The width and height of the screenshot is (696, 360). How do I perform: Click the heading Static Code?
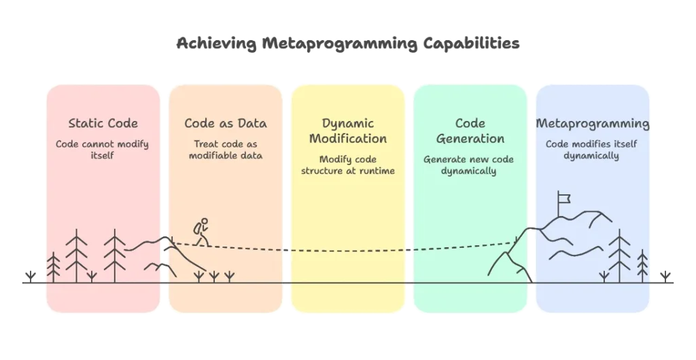[103, 123]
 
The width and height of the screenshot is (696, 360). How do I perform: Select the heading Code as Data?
[226, 123]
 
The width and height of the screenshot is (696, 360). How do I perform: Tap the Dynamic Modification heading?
[348, 130]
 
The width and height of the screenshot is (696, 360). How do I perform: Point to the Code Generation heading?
[470, 130]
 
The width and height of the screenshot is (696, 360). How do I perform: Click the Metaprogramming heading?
[593, 123]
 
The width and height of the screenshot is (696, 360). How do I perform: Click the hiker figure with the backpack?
[201, 232]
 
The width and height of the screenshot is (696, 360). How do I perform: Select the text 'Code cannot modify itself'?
[103, 149]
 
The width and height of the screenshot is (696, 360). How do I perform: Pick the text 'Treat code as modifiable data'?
[226, 149]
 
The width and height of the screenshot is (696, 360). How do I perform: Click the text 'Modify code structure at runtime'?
[348, 164]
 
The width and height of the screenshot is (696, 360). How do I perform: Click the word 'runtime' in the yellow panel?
[377, 170]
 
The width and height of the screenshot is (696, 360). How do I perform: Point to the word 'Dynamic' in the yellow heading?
[348, 123]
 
